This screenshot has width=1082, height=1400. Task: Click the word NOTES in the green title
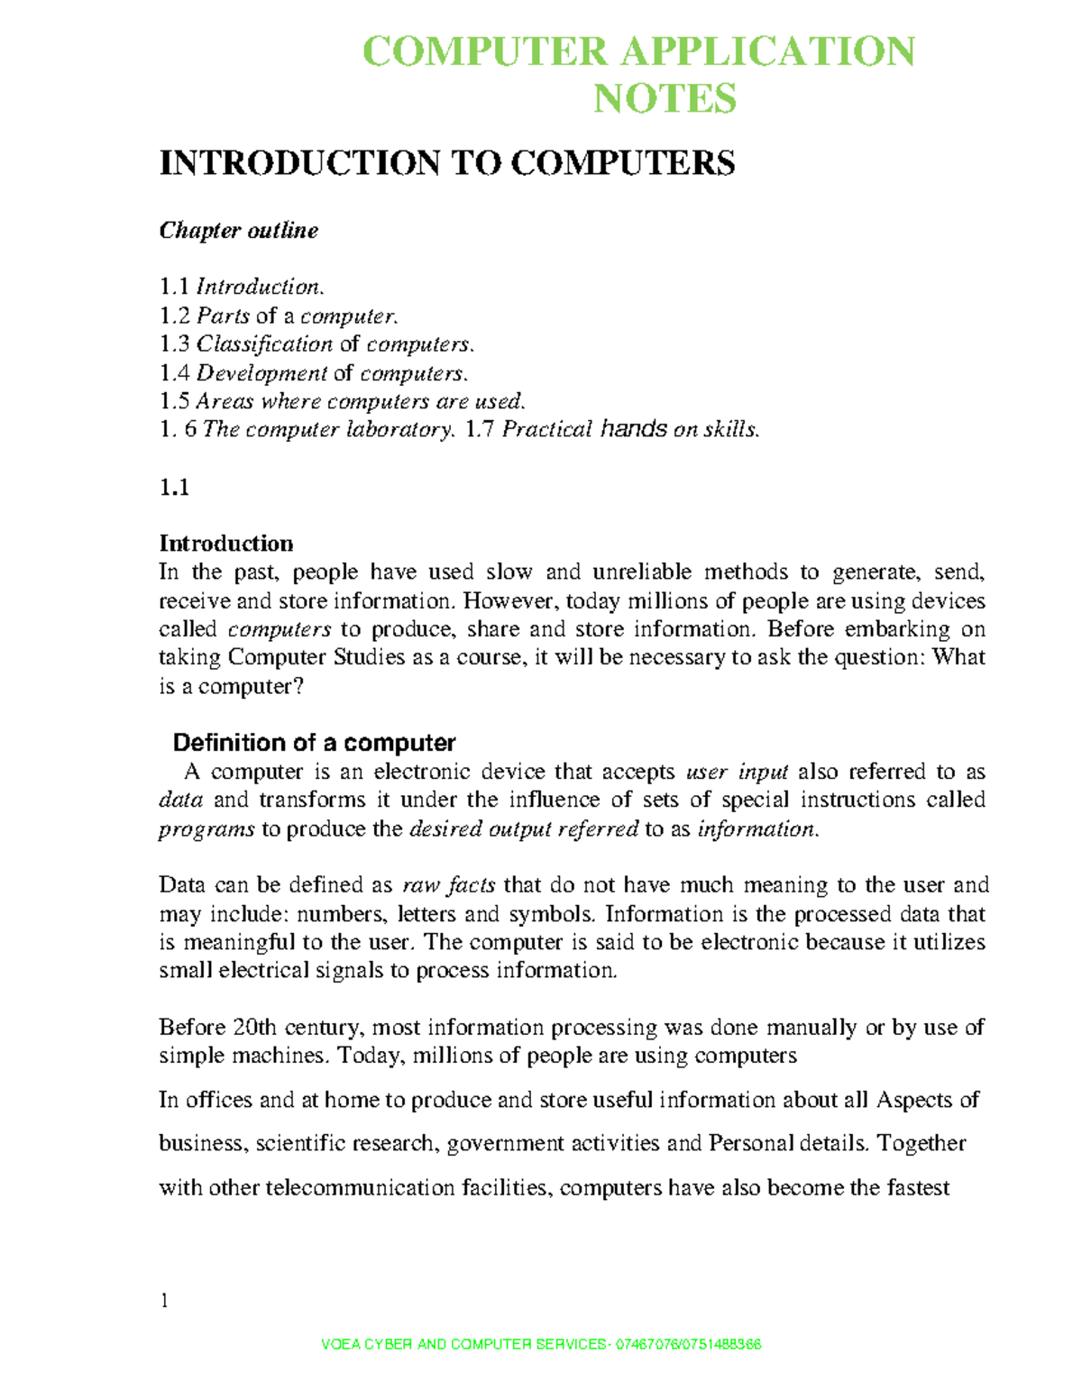[x=665, y=98]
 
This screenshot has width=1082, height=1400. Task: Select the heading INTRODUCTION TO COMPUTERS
[x=447, y=163]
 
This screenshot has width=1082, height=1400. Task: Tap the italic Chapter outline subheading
[x=239, y=231]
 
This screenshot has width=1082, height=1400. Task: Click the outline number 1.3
[x=174, y=344]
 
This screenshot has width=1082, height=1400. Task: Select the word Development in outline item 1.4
[x=261, y=373]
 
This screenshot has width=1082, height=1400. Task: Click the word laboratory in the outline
[x=397, y=430]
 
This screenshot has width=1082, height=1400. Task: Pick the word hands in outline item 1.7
[x=634, y=430]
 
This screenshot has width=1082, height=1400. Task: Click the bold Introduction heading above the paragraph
[x=226, y=544]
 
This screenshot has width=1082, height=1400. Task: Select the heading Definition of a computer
[x=314, y=743]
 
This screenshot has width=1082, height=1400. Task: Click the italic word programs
[x=206, y=829]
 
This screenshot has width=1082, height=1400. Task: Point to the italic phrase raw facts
[x=448, y=885]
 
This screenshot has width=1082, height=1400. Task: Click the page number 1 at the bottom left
[x=164, y=1301]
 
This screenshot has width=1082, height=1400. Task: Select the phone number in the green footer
[x=688, y=1345]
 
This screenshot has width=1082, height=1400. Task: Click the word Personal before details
[x=751, y=1144]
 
